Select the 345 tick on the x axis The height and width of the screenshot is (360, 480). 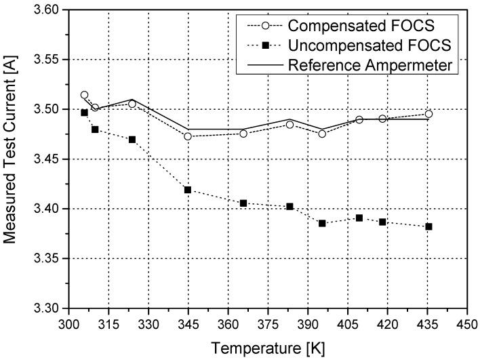click(188, 323)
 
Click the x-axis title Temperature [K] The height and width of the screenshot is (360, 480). click(267, 348)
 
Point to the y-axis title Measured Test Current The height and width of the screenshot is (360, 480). click(12, 159)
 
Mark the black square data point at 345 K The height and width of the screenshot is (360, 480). click(188, 190)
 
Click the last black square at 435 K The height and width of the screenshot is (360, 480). click(428, 226)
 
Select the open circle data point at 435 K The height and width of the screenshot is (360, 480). click(428, 114)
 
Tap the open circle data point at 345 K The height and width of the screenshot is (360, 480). click(188, 136)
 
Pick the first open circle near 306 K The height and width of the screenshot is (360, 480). click(84, 95)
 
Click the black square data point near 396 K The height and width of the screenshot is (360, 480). click(322, 223)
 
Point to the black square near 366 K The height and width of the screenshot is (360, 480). click(243, 203)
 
